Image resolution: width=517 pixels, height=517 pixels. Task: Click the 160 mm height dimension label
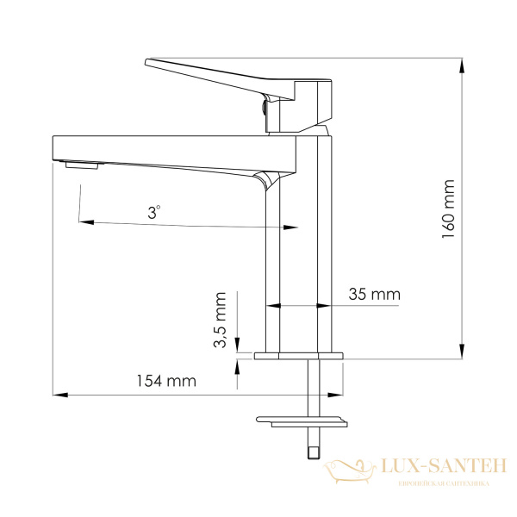[448, 209]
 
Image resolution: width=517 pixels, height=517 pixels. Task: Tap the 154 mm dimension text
[166, 381]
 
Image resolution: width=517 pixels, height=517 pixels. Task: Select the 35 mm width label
[375, 294]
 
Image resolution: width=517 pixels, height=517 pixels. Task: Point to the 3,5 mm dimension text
[220, 320]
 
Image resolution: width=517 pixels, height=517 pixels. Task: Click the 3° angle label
[153, 212]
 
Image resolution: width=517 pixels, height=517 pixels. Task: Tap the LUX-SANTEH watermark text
[444, 465]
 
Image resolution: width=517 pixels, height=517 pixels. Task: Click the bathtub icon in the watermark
[350, 470]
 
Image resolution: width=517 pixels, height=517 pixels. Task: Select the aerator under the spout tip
[82, 165]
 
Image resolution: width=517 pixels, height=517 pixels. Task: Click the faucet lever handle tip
[146, 62]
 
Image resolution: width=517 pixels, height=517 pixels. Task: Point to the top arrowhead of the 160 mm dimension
[462, 65]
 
